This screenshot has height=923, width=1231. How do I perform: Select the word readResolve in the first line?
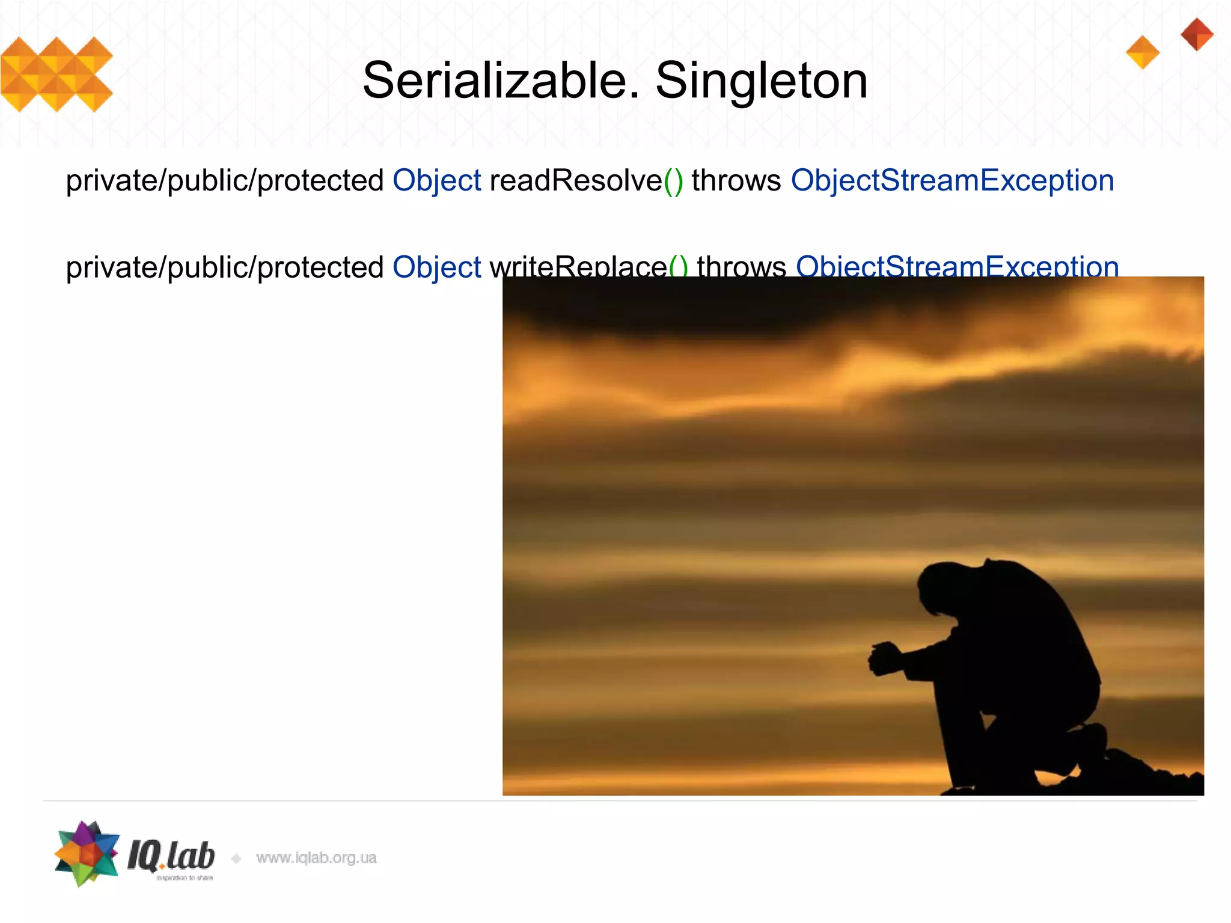[575, 180]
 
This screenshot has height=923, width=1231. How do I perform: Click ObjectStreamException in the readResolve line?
[952, 180]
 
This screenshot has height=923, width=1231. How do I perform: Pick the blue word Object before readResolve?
[436, 180]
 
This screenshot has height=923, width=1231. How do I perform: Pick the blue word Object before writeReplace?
[436, 267]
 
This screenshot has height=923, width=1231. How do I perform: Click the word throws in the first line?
[736, 180]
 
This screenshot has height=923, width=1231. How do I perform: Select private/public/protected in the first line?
[224, 180]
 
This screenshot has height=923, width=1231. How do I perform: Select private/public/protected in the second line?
[224, 267]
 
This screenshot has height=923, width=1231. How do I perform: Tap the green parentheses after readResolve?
[673, 181]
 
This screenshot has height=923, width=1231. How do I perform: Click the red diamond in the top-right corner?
[1197, 34]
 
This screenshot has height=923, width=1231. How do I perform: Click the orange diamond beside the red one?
[1142, 52]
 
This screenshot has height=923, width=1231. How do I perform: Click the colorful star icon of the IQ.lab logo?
[87, 853]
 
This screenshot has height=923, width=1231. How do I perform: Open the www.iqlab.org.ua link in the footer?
[316, 858]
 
